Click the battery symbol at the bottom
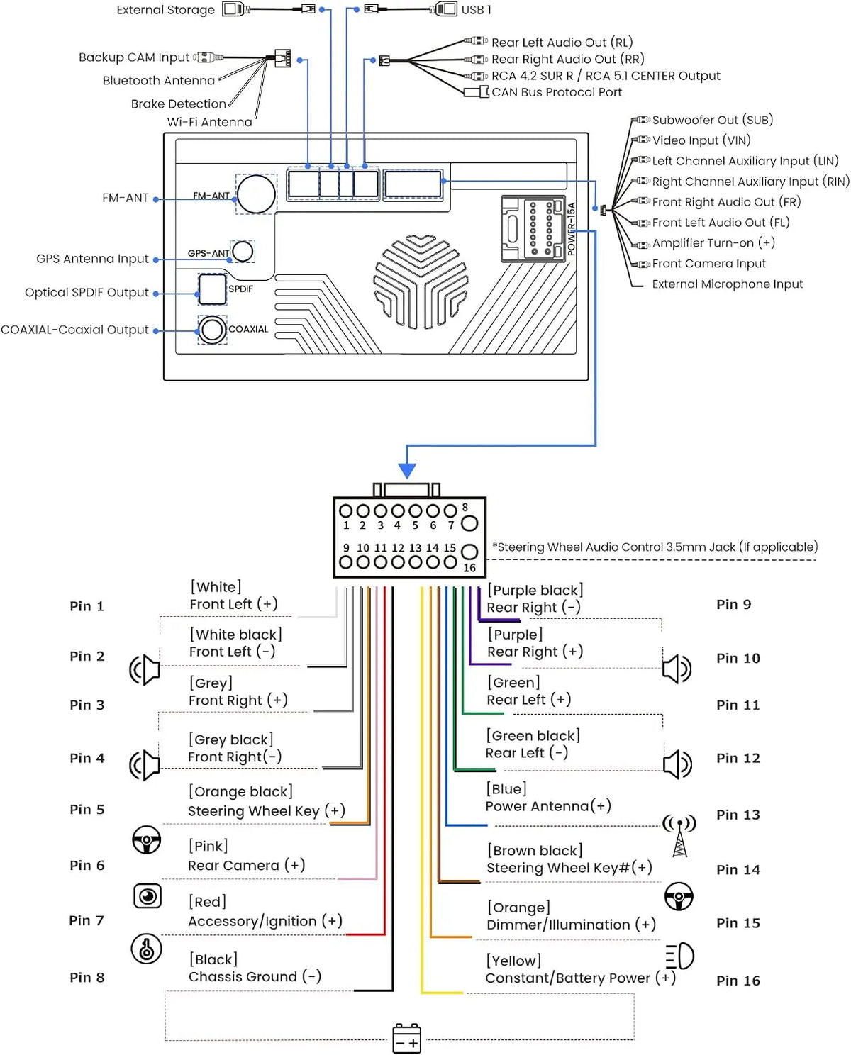[x=406, y=1038]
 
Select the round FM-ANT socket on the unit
[x=255, y=194]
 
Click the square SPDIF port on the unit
[x=212, y=289]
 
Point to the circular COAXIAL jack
[x=212, y=330]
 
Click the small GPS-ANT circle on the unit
[x=243, y=252]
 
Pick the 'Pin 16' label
[x=738, y=981]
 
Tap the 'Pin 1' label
[x=87, y=606]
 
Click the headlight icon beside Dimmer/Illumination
[x=679, y=956]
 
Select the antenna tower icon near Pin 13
[x=679, y=835]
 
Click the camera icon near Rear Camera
[x=147, y=896]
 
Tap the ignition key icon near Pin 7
[x=146, y=949]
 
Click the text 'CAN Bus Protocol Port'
[x=556, y=92]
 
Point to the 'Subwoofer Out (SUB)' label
[x=712, y=120]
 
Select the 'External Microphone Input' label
[x=728, y=284]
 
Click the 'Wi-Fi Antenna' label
[x=209, y=122]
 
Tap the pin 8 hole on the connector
[x=469, y=523]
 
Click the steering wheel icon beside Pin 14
[x=679, y=896]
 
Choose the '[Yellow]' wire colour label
[x=513, y=961]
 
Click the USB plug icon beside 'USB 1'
[x=443, y=9]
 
